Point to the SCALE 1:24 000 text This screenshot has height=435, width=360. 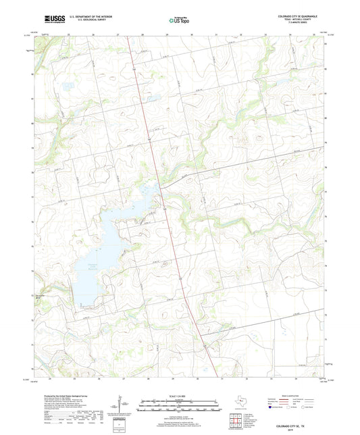pyautogui.click(x=179, y=395)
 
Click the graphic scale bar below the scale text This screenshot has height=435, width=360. pyautogui.click(x=179, y=405)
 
